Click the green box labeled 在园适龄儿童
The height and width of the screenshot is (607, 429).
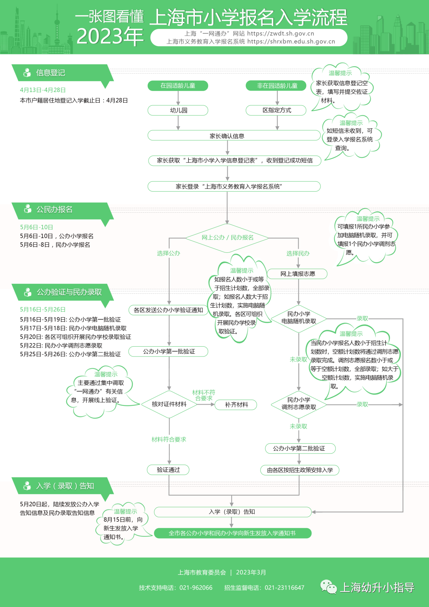(x=178, y=86)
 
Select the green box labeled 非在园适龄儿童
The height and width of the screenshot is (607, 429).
(x=276, y=86)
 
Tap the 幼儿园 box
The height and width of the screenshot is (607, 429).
(x=178, y=110)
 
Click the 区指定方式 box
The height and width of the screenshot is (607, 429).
(x=276, y=110)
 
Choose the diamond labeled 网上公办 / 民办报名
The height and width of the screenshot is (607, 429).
(x=227, y=238)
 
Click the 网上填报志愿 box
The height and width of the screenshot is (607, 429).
(x=298, y=274)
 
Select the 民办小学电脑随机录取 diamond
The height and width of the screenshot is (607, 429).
(x=299, y=318)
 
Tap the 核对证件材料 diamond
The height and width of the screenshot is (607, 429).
(x=169, y=404)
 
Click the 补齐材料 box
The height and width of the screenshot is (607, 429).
(x=236, y=405)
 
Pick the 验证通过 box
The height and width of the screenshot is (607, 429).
(x=168, y=470)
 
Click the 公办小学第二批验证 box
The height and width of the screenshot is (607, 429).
(x=300, y=448)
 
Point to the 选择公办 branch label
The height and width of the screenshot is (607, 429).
(x=168, y=253)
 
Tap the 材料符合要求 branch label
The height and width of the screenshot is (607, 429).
(x=169, y=439)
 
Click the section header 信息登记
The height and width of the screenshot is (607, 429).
(x=50, y=73)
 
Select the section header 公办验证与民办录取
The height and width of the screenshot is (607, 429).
(x=69, y=292)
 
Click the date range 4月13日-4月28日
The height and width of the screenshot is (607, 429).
(x=43, y=90)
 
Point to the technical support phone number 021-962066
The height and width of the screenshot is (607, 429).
(x=196, y=588)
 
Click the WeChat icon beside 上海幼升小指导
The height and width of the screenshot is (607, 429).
(x=329, y=587)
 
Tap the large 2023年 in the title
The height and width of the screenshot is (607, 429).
(x=110, y=37)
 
